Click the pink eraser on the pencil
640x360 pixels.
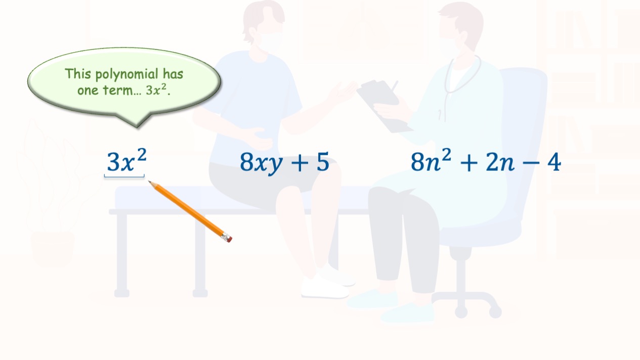pyautogui.click(x=229, y=239)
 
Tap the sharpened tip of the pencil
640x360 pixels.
pyautogui.click(x=149, y=182)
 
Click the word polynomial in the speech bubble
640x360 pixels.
pyautogui.click(x=127, y=75)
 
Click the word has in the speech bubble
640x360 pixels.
pyautogui.click(x=173, y=74)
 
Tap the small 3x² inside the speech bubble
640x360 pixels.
pyautogui.click(x=156, y=89)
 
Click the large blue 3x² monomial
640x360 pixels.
pyautogui.click(x=126, y=160)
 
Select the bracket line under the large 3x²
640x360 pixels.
pyautogui.click(x=124, y=176)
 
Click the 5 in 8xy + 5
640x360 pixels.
pyautogui.click(x=323, y=162)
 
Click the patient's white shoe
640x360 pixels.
pyautogui.click(x=325, y=287)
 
